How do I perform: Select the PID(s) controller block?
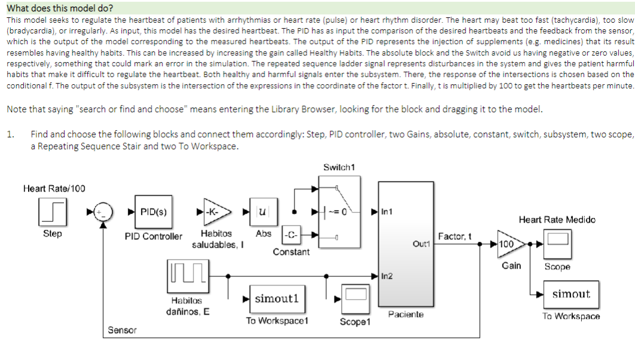(153, 211)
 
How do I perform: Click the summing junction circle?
(104, 211)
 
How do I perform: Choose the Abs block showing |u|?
(262, 211)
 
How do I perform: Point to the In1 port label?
(386, 211)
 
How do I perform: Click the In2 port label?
(386, 276)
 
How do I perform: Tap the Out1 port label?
(421, 244)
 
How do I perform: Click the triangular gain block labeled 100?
(509, 244)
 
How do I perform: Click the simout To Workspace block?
(570, 294)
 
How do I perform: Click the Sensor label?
(122, 330)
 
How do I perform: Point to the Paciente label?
(405, 314)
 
